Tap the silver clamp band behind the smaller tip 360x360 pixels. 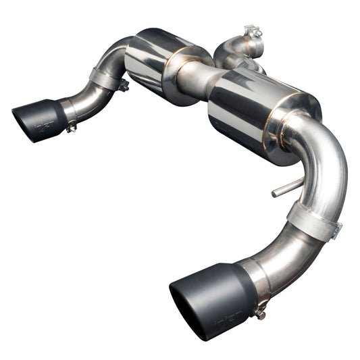68,109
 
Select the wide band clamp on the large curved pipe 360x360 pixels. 312,220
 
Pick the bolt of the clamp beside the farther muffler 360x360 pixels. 123,86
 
